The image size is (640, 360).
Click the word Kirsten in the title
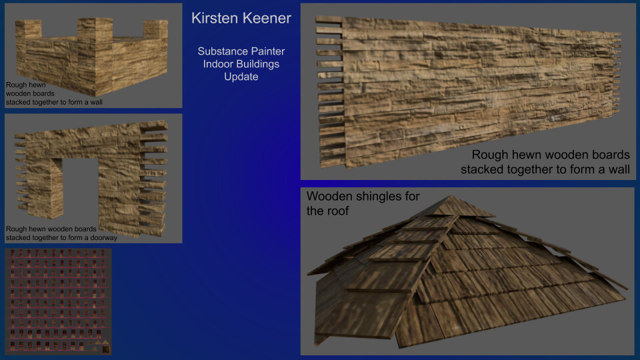click(213, 19)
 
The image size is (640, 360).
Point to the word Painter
click(267, 51)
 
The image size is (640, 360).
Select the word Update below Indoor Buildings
click(241, 77)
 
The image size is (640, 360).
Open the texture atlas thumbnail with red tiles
click(58, 301)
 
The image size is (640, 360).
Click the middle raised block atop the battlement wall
click(93, 31)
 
